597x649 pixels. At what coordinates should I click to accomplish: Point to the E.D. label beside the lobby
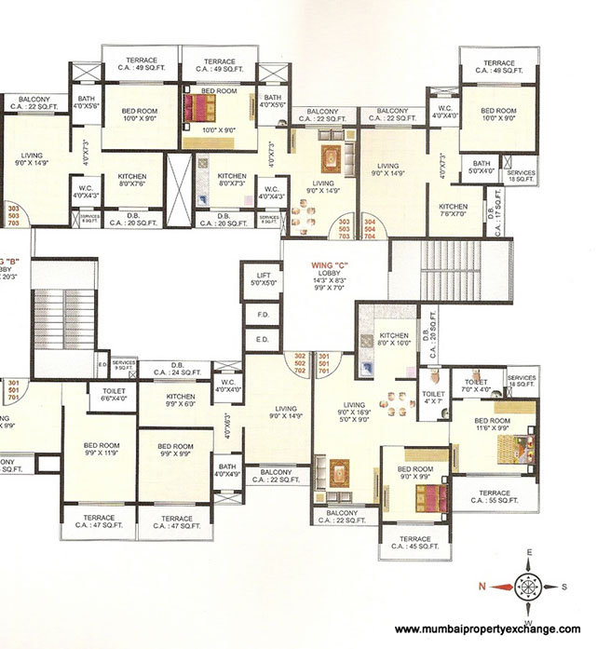coord(261,340)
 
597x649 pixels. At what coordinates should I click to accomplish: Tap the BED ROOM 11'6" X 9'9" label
coord(491,425)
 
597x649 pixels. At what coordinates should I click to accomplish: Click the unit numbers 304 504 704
coord(370,229)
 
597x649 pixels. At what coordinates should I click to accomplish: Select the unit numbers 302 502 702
coord(300,364)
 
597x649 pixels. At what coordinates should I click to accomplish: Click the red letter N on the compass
coord(482,585)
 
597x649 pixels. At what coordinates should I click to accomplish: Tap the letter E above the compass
coord(528,553)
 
